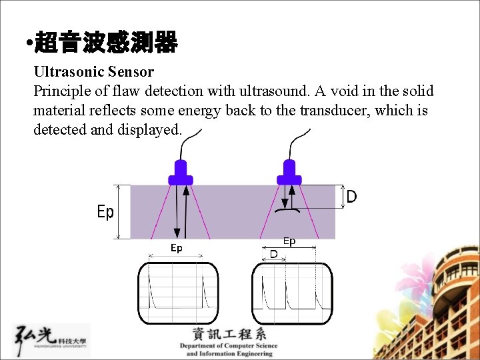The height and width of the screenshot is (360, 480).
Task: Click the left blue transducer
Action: pos(180,173)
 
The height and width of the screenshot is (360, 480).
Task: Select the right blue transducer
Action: pos(289,173)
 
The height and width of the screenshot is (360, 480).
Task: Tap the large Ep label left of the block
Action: pos(105,212)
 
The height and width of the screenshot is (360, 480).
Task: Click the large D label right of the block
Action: pos(351,196)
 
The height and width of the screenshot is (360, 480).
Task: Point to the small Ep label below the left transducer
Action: pos(176,248)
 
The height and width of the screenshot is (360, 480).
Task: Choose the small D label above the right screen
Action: pos(273,254)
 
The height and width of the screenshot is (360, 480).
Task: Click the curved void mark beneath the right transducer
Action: pos(288,211)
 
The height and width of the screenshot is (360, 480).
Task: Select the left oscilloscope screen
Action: pos(178,293)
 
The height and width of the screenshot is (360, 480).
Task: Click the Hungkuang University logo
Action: pos(51,341)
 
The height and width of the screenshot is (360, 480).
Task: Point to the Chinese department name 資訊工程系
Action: pos(229,334)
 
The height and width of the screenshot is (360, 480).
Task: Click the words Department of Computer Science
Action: pos(229,346)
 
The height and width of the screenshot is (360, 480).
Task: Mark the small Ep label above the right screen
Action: pos(289,241)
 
